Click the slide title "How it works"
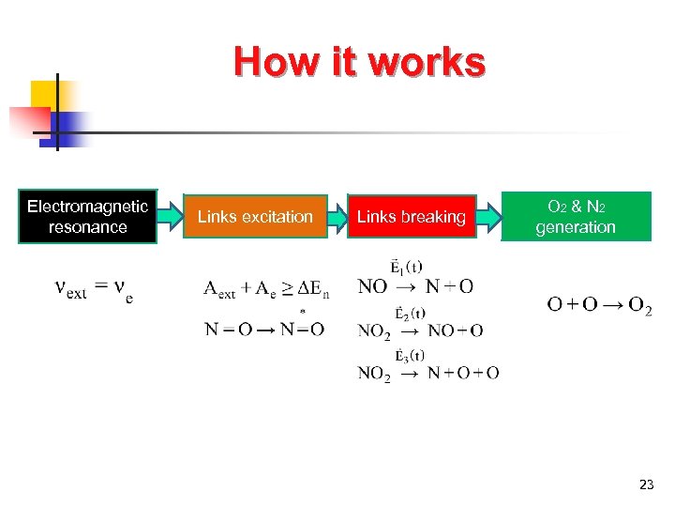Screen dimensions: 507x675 [360, 62]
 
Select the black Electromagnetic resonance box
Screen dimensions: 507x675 [88, 217]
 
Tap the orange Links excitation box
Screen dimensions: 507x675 [255, 217]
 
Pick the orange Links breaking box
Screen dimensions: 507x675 [411, 217]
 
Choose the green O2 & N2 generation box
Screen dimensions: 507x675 [576, 217]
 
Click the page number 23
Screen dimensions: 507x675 [646, 484]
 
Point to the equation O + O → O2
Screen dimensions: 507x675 [599, 304]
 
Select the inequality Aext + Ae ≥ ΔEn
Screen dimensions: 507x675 [266, 288]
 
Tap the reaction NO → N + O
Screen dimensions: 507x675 [415, 286]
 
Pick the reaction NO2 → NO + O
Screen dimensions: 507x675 [420, 330]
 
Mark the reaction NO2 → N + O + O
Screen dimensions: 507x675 [427, 373]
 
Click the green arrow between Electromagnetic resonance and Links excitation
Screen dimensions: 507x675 [170, 217]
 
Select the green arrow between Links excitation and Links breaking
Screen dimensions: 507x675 [337, 217]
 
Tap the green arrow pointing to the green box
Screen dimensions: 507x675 [489, 217]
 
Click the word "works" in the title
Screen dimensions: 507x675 [427, 62]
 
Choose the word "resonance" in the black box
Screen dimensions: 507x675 [88, 227]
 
